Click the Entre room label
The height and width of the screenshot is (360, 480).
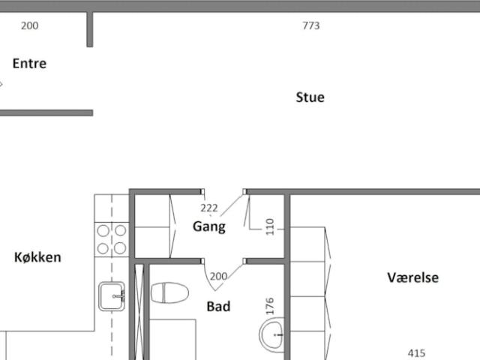coord(29,64)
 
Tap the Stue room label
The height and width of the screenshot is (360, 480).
coord(310,97)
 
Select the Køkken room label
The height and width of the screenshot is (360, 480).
coord(37,257)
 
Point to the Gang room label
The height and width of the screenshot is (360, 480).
coord(209,226)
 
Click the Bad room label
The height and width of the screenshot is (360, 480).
coord(218,307)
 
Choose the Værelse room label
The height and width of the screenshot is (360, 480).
coord(413,277)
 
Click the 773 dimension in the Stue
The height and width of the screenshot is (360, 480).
coord(311,25)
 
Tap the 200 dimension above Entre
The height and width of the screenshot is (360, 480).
coord(30,25)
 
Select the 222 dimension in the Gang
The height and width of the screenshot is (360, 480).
coord(209,208)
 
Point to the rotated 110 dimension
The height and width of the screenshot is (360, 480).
coord(270,226)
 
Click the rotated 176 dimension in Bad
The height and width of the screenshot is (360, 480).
coord(270,306)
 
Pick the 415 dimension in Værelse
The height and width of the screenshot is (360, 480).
coord(417,353)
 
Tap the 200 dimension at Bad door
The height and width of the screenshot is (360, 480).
coord(218,277)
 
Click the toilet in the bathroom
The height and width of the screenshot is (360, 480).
coord(169,293)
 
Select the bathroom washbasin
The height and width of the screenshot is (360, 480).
coord(271,335)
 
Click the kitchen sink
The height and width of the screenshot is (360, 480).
coord(112,296)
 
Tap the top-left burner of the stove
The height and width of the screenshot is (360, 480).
coord(103,231)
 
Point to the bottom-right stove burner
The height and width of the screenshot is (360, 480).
coord(120,248)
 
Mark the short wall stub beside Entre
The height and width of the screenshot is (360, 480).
coord(90,30)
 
